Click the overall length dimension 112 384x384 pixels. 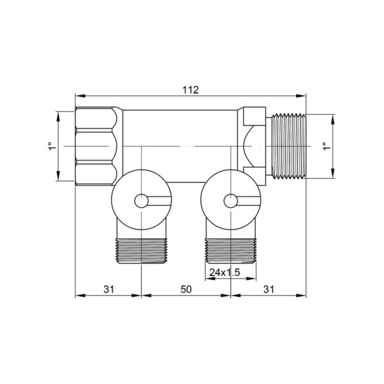pos(191,90)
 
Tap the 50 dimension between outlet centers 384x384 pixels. pos(186,289)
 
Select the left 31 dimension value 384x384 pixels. pos(109,289)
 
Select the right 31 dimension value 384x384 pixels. pos(269,289)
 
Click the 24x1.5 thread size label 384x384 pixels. pos(225,272)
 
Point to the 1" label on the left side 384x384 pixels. pos(52,146)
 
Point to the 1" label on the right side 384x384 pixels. pos(327,146)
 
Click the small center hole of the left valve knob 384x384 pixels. pos(141,201)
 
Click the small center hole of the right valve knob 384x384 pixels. pos(231,201)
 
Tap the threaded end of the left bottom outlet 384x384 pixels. pos(142,251)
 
